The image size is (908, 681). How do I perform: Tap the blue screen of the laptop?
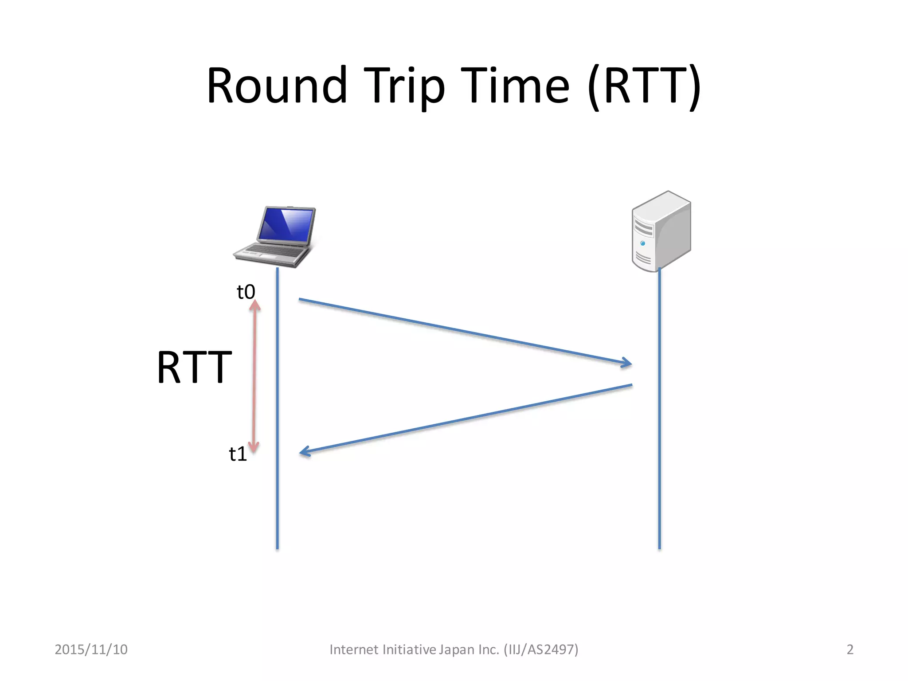point(287,224)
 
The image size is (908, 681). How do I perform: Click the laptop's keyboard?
point(270,251)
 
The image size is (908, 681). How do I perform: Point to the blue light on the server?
point(642,243)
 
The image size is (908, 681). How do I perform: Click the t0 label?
point(246,292)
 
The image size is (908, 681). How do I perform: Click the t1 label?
point(238,454)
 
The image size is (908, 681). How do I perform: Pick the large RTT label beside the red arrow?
point(194,367)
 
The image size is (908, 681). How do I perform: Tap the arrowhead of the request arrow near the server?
point(626,363)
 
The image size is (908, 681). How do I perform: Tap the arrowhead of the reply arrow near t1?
point(305,452)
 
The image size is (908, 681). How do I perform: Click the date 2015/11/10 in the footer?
point(91,650)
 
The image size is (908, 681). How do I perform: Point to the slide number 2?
point(849,650)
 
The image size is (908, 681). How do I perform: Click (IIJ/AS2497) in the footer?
point(541,650)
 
